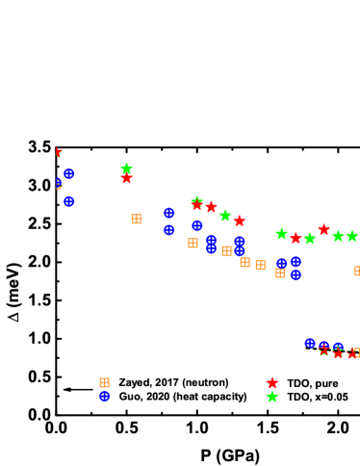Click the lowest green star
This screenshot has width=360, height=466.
[x=272, y=397]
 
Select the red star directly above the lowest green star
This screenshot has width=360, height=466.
[x=272, y=383]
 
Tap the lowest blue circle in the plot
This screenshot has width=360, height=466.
[x=105, y=396]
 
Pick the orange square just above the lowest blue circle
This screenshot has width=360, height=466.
[x=104, y=382]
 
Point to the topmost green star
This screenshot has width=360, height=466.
[x=126, y=168]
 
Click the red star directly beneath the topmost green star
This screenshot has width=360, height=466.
[x=126, y=178]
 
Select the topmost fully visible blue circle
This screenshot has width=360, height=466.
[x=69, y=173]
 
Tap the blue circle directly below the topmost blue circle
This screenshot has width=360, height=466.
[x=69, y=201]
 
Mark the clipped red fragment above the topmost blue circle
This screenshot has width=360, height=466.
[x=58, y=152]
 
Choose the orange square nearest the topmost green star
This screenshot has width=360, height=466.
[x=136, y=219]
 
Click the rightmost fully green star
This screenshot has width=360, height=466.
[x=352, y=236]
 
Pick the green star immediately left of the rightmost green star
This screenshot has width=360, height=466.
[x=338, y=236]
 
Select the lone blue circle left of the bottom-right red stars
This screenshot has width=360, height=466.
[x=309, y=343]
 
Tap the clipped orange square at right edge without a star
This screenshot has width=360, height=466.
[x=357, y=272]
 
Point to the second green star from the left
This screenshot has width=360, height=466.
[x=197, y=201]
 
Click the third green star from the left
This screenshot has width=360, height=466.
[x=225, y=216]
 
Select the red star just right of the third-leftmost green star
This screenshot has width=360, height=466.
[x=239, y=221]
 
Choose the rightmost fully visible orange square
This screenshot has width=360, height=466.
[x=280, y=272]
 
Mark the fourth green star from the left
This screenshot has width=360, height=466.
[x=281, y=234]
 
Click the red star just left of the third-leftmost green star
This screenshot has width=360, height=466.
[x=211, y=207]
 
